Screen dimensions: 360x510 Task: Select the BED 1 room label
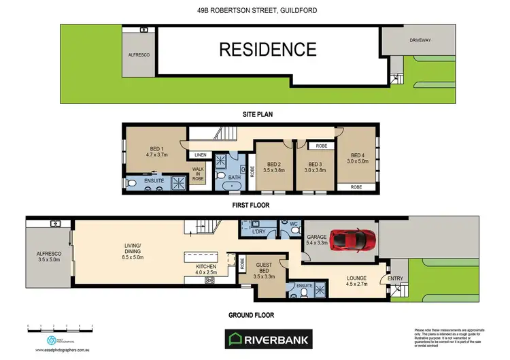[x=157, y=151]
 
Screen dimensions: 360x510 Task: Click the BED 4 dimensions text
[x=357, y=161]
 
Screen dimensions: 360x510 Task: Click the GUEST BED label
[x=264, y=267]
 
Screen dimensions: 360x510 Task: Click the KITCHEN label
[x=206, y=266]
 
